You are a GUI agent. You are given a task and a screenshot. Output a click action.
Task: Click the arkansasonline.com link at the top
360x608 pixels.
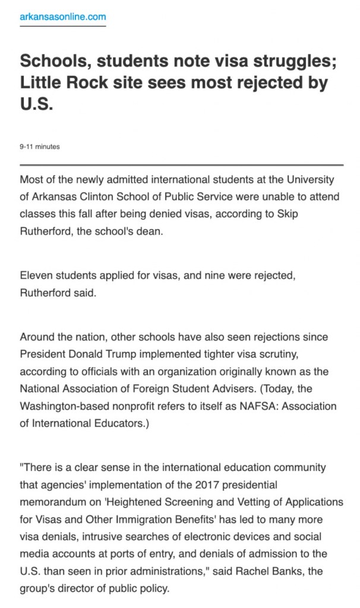pos(62,17)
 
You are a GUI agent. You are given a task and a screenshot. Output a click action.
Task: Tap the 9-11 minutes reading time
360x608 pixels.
pos(40,147)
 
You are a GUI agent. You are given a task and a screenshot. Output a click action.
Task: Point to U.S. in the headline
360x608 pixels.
pos(36,104)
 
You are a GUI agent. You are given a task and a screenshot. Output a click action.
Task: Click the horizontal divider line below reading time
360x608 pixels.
pos(181,164)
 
